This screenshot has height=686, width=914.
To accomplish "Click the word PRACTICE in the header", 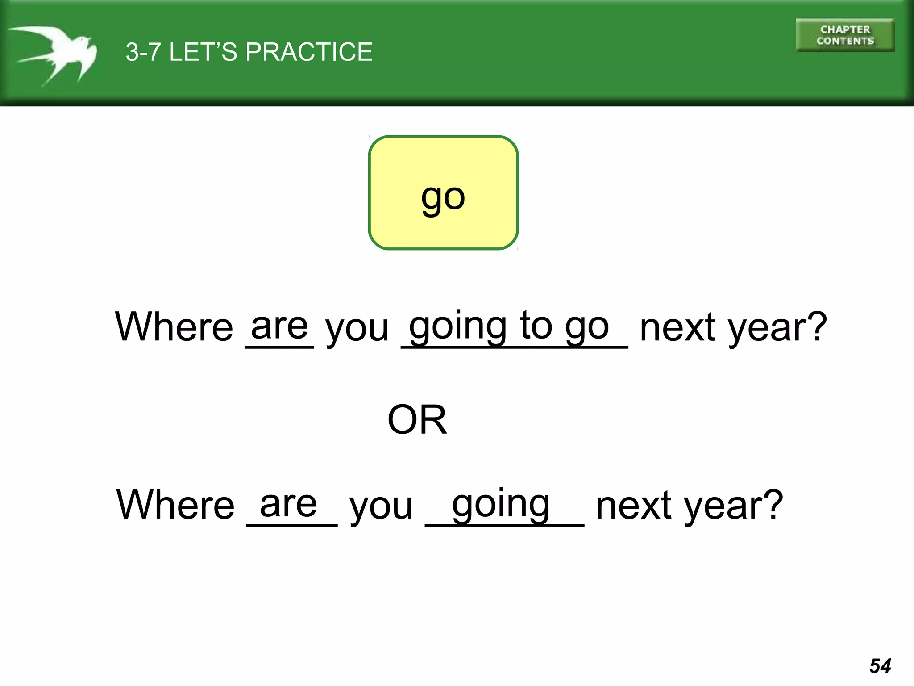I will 309,52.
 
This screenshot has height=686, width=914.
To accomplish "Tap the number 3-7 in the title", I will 143,52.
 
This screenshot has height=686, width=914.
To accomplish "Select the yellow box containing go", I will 443,192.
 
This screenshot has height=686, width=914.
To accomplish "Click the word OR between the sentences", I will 417,420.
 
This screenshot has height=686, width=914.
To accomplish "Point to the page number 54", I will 880,665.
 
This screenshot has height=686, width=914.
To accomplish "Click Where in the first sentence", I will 174,327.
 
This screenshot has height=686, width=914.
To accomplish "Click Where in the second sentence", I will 175,505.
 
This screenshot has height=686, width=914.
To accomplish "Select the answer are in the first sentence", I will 279,326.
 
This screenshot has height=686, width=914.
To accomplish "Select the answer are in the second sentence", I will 288,504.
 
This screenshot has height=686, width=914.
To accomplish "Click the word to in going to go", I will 536,325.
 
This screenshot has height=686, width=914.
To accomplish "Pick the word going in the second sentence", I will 501,505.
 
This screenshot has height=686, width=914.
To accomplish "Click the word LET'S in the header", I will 203,52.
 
